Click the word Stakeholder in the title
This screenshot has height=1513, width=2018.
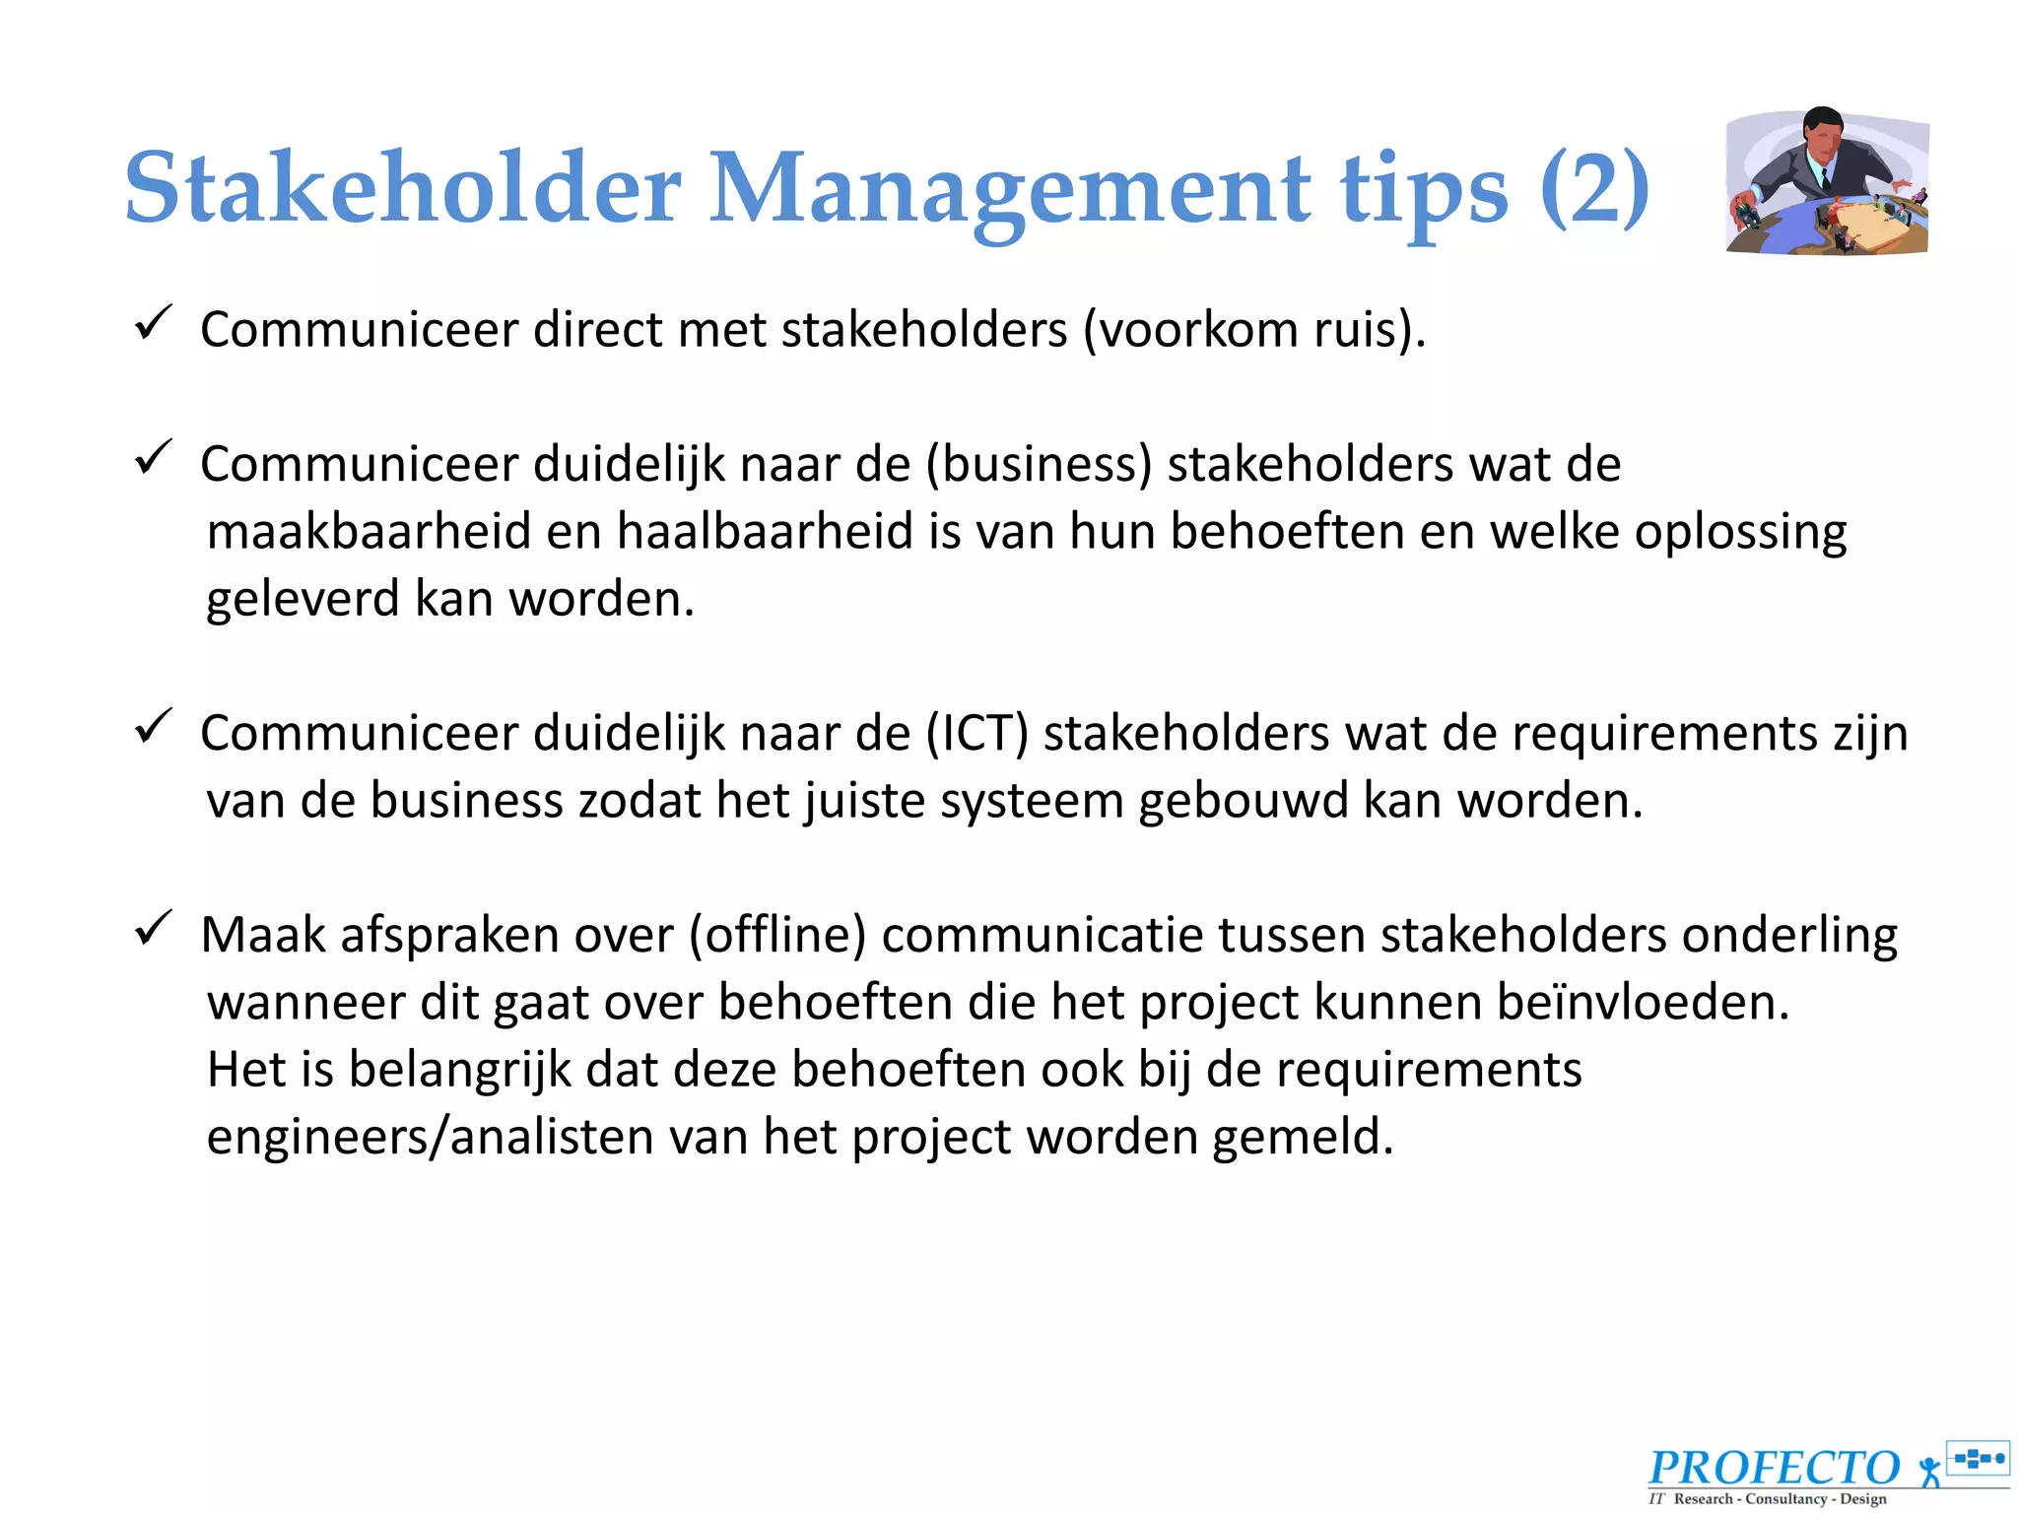[x=403, y=187]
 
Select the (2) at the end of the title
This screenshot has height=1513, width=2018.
[x=1594, y=187]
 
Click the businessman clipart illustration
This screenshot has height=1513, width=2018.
[x=1828, y=181]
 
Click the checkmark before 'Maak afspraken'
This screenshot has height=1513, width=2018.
[x=154, y=928]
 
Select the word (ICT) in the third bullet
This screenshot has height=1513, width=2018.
[x=976, y=734]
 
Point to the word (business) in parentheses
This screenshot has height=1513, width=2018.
[x=1039, y=464]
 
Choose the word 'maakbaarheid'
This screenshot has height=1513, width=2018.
[x=369, y=532]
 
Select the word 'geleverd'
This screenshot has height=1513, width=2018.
[x=303, y=600]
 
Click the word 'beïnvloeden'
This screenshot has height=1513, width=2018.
[x=1635, y=1003]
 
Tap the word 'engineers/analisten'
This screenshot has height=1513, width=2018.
[x=430, y=1138]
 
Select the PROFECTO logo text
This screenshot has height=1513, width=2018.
[x=1774, y=1468]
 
